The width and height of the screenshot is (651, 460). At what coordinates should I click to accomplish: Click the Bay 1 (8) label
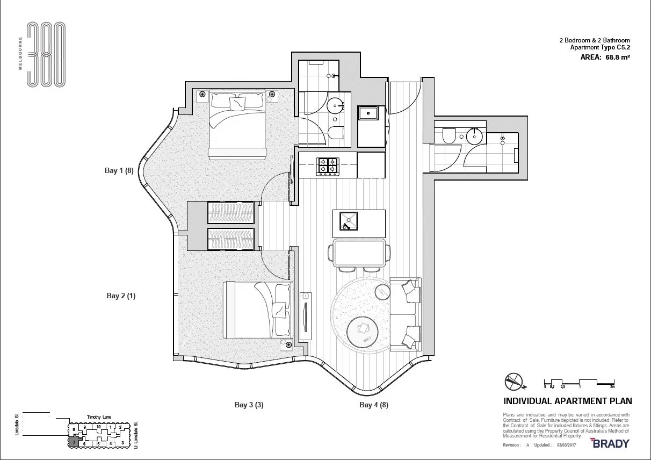coord(119,170)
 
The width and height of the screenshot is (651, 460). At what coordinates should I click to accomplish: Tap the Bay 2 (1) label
coord(121,296)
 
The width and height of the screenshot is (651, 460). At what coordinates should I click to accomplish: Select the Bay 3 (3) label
coord(249,405)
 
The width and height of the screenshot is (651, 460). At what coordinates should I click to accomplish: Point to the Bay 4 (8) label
coord(374,405)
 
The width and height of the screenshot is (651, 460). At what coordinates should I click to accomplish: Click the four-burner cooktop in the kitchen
coord(328,166)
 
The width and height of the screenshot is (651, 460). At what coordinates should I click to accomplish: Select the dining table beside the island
coord(359,253)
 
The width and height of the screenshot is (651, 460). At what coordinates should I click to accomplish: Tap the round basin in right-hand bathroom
coord(474,136)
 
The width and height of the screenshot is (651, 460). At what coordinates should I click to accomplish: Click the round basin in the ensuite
coord(337,104)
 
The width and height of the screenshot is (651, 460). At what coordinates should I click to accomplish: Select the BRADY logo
coord(610,443)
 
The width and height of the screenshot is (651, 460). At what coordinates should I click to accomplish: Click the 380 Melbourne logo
coord(46,55)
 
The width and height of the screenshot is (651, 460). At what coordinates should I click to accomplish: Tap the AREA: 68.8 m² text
coord(605,56)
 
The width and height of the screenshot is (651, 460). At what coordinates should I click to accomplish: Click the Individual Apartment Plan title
coord(567,401)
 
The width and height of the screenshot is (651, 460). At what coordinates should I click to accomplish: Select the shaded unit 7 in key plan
coord(74,442)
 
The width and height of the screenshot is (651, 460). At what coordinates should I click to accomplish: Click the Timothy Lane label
coord(100,417)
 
